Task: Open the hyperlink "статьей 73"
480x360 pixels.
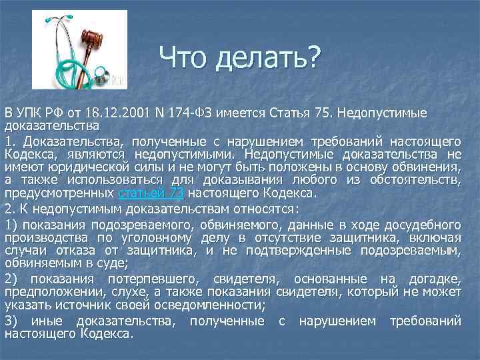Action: click(151, 194)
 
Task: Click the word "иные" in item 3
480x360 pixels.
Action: click(41, 321)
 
